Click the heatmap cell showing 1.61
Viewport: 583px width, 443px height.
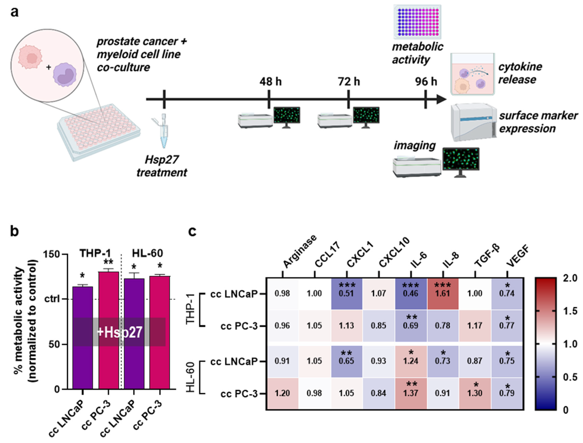[x=442, y=293]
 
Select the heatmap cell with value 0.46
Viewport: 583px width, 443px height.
[x=410, y=293]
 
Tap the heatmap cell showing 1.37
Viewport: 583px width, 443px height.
[x=410, y=393]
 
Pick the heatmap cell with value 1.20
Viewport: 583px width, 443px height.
[x=282, y=393]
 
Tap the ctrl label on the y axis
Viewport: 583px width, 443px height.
[x=52, y=299]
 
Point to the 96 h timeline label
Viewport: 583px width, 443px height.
[x=426, y=82]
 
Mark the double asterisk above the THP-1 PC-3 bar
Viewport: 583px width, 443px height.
[x=108, y=262]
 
